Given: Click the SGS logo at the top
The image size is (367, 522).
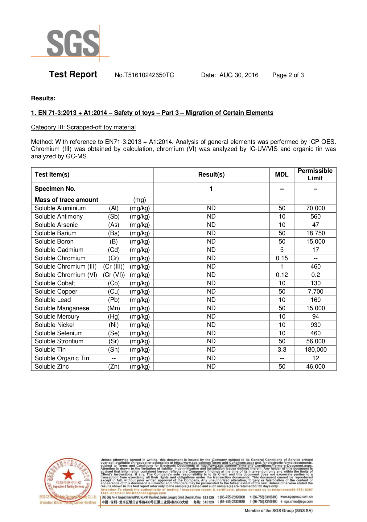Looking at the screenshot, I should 73,43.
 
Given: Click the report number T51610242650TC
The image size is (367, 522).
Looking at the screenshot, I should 144,75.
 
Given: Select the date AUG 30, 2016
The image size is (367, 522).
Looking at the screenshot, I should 239,75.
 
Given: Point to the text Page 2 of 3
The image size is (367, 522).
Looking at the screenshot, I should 288,75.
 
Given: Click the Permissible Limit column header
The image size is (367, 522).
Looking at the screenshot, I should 315,174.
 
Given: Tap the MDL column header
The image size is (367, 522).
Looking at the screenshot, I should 282,174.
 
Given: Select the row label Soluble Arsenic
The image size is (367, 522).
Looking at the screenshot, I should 56,225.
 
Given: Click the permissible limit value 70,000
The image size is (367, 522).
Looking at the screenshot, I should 315,208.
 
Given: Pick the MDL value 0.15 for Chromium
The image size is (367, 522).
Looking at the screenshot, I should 282,258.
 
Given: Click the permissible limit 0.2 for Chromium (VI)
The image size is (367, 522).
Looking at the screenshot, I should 315,275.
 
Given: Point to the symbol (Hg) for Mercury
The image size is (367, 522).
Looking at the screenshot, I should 113,316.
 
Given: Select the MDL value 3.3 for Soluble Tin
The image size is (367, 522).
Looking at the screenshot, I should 282,349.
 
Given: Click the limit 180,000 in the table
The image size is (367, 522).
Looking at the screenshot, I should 315,349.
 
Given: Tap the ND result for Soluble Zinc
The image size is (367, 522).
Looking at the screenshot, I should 211,366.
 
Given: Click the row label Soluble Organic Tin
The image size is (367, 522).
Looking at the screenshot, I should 62,358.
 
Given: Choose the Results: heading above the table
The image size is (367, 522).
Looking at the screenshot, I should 43,98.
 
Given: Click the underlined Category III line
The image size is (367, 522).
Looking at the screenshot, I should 83,127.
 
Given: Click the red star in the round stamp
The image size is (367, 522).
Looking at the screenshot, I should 68,475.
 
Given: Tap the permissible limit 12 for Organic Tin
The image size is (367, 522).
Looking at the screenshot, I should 315,358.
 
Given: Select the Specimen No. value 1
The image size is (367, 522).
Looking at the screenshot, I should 211,189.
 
